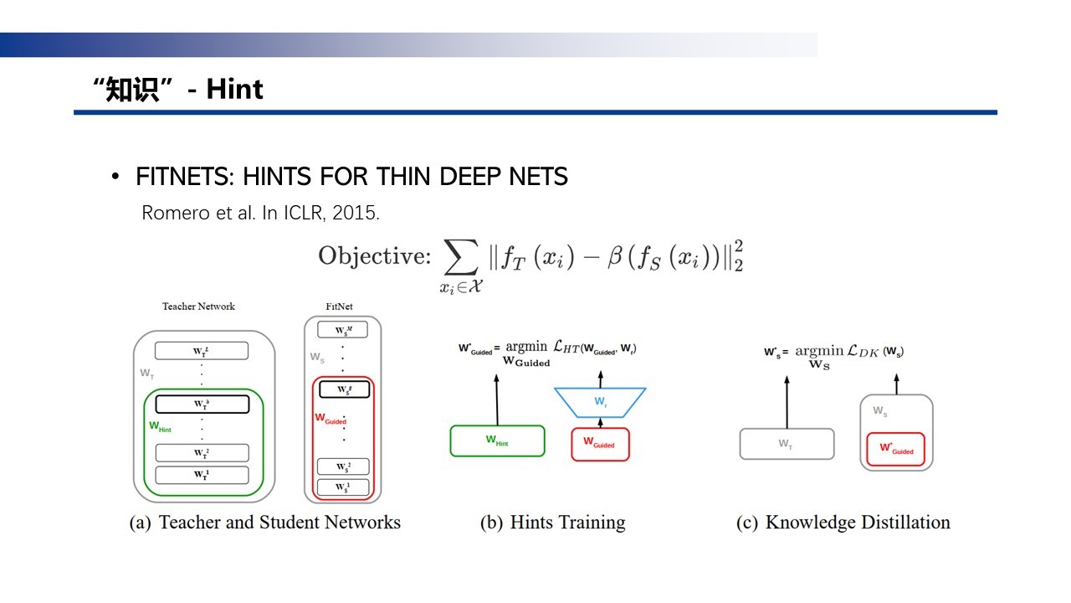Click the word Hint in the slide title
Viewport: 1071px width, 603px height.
tap(235, 89)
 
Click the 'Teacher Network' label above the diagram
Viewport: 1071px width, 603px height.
tap(198, 307)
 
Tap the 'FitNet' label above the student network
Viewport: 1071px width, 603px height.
tap(339, 307)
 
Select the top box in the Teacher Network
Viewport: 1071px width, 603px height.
tap(202, 350)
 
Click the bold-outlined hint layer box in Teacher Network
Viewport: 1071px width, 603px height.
tap(202, 404)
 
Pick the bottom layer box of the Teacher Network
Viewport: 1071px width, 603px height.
tap(202, 475)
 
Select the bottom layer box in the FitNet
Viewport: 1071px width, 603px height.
tap(341, 487)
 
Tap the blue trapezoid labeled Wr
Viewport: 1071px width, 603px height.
tap(599, 401)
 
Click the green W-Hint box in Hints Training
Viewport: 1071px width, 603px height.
tap(497, 441)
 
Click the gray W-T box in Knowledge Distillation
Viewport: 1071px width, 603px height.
tap(787, 444)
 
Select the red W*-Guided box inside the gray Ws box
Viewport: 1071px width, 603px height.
tap(895, 449)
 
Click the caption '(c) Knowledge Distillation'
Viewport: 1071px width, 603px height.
tap(843, 523)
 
